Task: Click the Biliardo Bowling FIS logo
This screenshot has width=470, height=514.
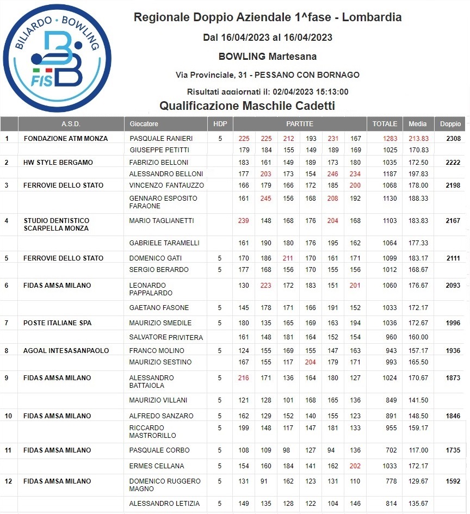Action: click(x=57, y=57)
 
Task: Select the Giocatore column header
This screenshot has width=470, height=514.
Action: click(x=144, y=124)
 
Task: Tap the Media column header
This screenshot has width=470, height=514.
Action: click(x=418, y=124)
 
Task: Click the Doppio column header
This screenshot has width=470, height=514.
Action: click(x=450, y=124)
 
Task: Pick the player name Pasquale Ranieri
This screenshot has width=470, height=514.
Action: click(x=161, y=139)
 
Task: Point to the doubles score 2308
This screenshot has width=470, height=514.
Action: click(x=453, y=139)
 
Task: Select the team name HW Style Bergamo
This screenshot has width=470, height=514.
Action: click(x=58, y=163)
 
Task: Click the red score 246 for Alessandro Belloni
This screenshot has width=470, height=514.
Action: click(x=333, y=174)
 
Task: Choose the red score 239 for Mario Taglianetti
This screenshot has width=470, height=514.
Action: click(x=243, y=221)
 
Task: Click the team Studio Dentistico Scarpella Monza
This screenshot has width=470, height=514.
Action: click(x=57, y=225)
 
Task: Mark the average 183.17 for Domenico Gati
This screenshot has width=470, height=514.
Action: click(x=418, y=258)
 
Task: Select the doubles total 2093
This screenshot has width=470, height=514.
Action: click(x=453, y=286)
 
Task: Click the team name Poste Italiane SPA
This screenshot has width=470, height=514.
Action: click(x=57, y=323)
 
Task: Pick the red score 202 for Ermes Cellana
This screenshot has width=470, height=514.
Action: click(x=355, y=466)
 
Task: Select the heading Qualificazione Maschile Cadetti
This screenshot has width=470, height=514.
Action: click(x=246, y=106)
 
